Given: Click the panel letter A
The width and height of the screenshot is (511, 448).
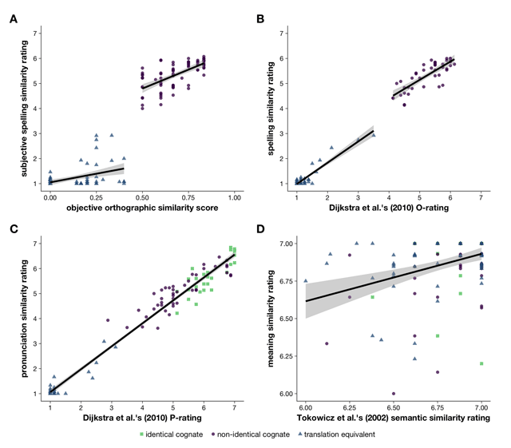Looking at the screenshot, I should (12, 18).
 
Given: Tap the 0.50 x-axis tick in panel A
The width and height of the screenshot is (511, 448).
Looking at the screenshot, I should (141, 195).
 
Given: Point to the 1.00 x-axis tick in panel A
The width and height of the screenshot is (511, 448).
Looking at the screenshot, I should (234, 195).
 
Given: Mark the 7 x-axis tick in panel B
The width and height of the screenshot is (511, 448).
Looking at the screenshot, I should (481, 195).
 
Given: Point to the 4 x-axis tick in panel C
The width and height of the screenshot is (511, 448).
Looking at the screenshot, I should (142, 406).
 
